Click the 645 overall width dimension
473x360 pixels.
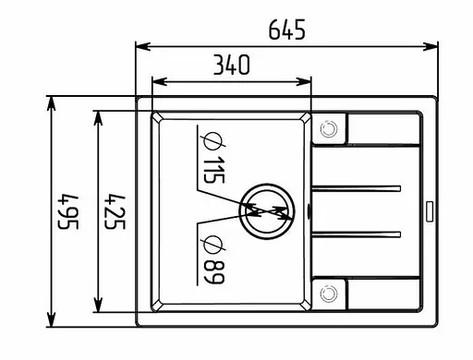286,30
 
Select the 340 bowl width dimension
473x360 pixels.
232,65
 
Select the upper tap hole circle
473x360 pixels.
329,129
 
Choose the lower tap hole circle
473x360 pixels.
329,293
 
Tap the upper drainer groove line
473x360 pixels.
358,188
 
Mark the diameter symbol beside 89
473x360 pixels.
211,244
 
